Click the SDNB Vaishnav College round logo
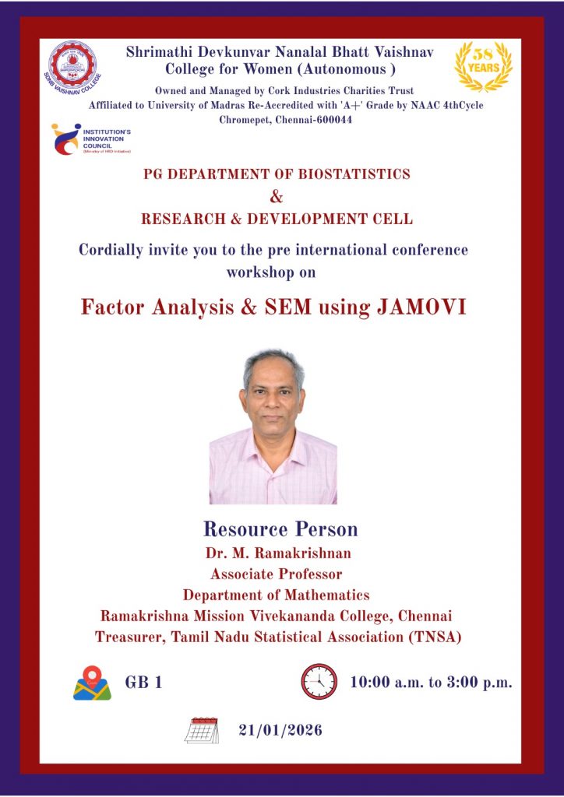click(72, 67)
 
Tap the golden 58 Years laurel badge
click(483, 67)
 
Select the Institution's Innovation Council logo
click(91, 139)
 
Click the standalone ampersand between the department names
click(277, 196)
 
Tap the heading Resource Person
click(280, 529)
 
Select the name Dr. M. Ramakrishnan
click(278, 553)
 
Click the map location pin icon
click(92, 683)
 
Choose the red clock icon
click(319, 682)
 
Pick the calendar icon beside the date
click(202, 730)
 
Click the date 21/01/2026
click(280, 730)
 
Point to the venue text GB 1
click(143, 682)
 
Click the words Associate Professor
click(276, 574)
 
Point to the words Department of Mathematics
click(276, 595)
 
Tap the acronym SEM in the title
click(288, 307)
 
